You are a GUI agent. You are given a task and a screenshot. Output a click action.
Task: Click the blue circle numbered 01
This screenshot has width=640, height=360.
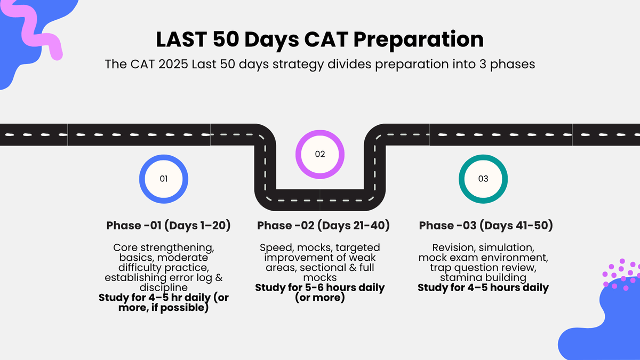[x=164, y=179]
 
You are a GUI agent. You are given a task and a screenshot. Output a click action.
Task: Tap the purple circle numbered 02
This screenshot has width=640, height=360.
[x=320, y=154]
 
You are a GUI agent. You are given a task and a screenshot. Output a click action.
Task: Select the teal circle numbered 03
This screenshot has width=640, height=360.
[x=483, y=179]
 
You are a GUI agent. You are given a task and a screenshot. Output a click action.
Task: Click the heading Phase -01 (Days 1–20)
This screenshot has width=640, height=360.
[x=169, y=226]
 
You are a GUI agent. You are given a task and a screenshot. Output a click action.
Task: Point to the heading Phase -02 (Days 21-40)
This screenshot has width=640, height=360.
[x=323, y=226]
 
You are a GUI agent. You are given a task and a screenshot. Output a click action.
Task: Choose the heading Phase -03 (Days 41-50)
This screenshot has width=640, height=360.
[x=486, y=226]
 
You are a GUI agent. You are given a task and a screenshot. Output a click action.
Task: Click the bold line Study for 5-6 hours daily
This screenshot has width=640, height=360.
[x=320, y=287]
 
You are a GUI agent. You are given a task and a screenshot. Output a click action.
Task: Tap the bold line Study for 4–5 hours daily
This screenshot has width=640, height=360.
[x=483, y=287]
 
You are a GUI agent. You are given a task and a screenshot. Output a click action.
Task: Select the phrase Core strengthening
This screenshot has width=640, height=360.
[x=163, y=248]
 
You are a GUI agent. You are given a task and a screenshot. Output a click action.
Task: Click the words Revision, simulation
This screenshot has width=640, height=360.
[x=483, y=248]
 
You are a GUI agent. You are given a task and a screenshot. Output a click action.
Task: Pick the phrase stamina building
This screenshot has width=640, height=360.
[x=483, y=278]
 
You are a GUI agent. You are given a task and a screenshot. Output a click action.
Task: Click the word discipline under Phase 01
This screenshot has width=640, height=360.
[x=163, y=287]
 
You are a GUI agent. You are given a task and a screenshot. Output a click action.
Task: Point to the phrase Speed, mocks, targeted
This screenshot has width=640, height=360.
[x=320, y=248]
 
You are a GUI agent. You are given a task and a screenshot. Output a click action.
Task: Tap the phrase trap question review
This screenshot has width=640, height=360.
[x=483, y=268]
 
